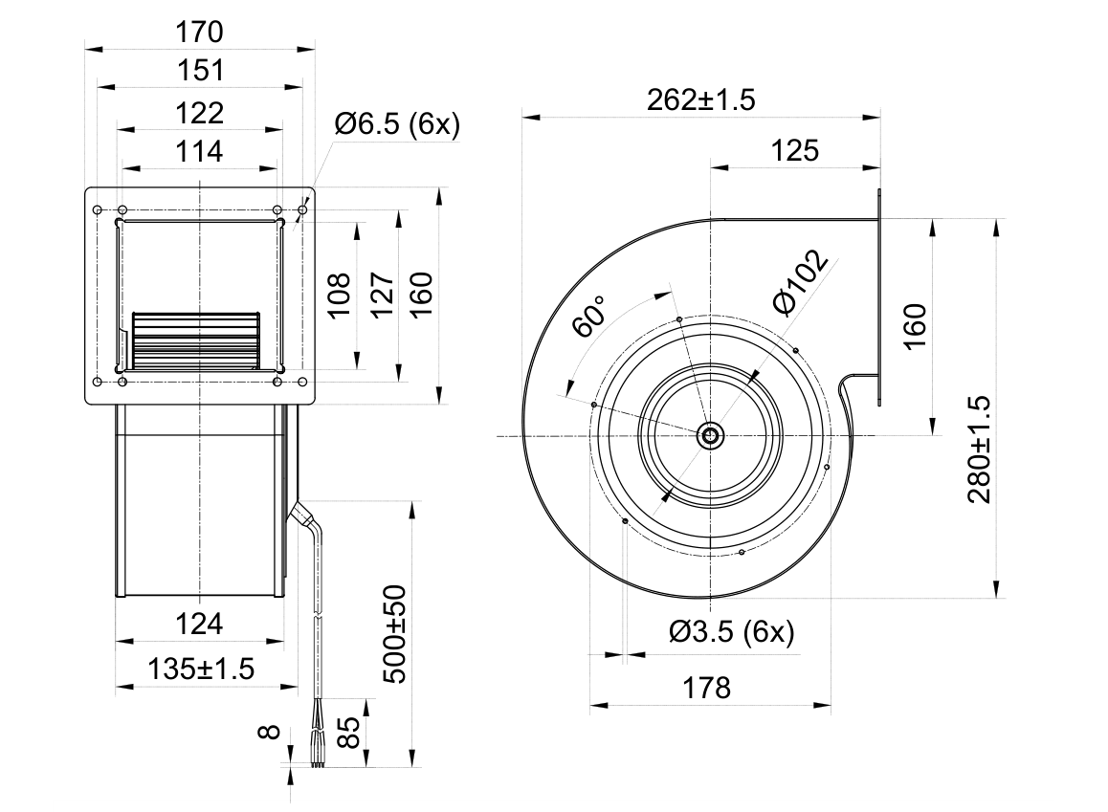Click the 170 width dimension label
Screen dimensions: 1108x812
(x=200, y=32)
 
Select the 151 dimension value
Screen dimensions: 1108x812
(x=200, y=70)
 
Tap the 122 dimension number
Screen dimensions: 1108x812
(x=200, y=112)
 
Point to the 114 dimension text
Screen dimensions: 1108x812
(x=200, y=151)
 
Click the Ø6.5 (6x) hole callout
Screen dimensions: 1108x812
(x=397, y=124)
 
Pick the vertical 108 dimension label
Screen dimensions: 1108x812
(x=339, y=296)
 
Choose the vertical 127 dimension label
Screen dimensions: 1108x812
(x=382, y=296)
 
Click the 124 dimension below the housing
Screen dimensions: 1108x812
(x=200, y=625)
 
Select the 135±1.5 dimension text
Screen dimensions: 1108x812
(x=201, y=668)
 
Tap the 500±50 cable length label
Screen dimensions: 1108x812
(x=395, y=634)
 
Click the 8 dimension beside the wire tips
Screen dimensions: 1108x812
(x=270, y=733)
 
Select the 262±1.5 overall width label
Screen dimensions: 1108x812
(x=701, y=99)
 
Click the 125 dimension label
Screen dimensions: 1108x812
(x=794, y=150)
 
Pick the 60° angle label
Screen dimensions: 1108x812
(x=588, y=317)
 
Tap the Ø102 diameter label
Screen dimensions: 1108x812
(x=800, y=282)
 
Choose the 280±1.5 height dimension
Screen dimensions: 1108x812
(x=980, y=450)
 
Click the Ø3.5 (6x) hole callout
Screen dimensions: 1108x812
(x=732, y=631)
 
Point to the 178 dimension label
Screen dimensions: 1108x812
(x=707, y=687)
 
